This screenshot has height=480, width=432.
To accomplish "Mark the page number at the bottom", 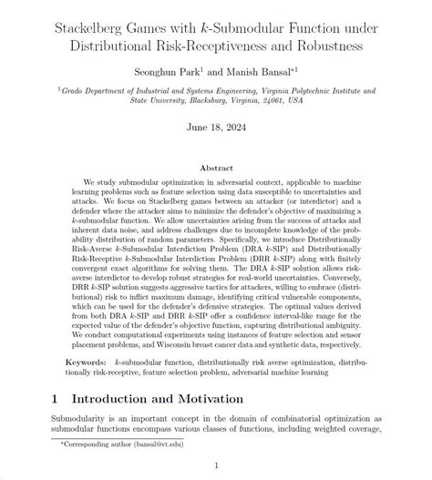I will [x=216, y=466].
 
